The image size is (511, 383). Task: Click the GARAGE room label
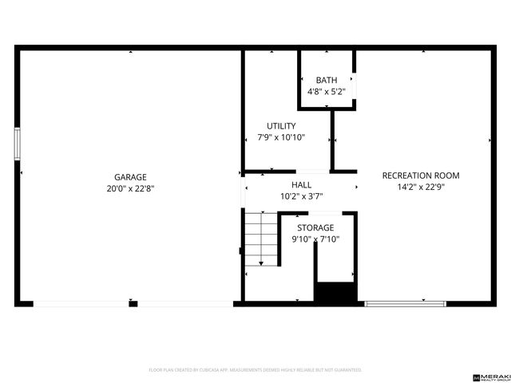click(x=130, y=177)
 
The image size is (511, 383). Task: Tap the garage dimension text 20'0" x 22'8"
click(x=130, y=189)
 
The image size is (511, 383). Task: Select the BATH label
click(x=326, y=80)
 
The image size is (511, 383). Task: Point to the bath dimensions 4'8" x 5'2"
click(x=326, y=92)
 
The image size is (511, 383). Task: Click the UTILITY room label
click(x=281, y=126)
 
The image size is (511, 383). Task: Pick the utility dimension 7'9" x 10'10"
click(x=281, y=138)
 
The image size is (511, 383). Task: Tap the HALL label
click(x=301, y=184)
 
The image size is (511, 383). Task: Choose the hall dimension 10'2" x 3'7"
click(x=301, y=196)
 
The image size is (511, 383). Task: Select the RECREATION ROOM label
click(x=421, y=176)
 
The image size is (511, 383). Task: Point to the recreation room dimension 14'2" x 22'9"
click(x=421, y=188)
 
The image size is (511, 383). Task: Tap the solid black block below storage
click(x=335, y=293)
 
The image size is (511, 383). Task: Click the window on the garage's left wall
click(x=17, y=146)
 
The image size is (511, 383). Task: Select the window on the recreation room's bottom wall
click(x=405, y=303)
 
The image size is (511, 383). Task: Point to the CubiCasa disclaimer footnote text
click(x=255, y=370)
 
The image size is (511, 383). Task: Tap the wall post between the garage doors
click(x=132, y=303)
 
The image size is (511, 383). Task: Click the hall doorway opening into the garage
click(x=242, y=191)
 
